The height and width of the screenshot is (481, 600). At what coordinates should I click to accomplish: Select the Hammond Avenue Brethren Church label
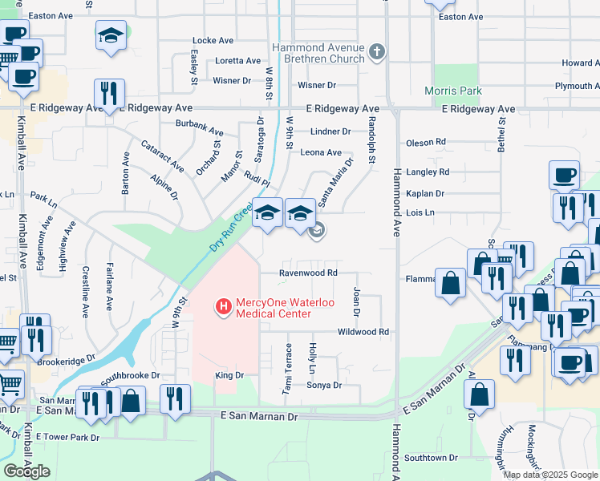(319, 54)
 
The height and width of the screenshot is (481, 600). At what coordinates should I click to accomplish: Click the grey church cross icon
(377, 54)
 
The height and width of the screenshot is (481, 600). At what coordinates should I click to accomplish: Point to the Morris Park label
(453, 91)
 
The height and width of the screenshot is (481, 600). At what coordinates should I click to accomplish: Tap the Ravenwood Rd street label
(308, 273)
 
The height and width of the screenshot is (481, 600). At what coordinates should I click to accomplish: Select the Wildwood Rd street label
(363, 331)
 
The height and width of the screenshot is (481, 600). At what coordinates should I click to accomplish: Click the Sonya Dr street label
(324, 385)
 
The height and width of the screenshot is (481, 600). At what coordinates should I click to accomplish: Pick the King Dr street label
(229, 375)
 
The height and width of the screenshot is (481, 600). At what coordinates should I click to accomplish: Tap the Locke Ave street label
(213, 40)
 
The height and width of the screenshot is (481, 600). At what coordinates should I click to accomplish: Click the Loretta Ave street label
(237, 61)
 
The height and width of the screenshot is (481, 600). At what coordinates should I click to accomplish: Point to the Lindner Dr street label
(330, 131)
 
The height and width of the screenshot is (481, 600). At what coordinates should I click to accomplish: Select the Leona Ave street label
(321, 152)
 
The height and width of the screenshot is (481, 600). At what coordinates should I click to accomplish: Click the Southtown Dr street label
(431, 458)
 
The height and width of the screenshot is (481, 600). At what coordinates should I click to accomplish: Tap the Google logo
(26, 471)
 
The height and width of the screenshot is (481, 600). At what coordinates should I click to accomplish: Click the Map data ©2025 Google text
(549, 475)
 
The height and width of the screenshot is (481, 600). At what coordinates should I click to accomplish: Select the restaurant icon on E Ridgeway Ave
(107, 92)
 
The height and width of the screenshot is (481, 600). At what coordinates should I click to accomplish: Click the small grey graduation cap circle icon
(317, 231)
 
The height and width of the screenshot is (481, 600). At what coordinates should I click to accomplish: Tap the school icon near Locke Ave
(110, 35)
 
